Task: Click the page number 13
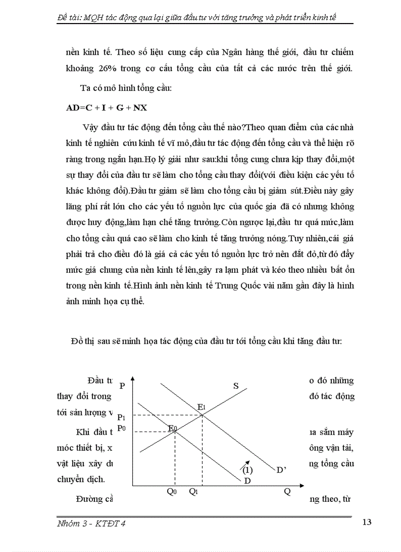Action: coord(367,522)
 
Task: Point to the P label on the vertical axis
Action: coord(122,386)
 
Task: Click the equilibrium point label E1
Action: coord(201,407)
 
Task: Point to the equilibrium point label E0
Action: coord(172,429)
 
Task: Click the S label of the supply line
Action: coord(236,386)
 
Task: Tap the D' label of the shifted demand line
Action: coord(281,470)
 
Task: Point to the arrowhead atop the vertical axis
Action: coord(133,379)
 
